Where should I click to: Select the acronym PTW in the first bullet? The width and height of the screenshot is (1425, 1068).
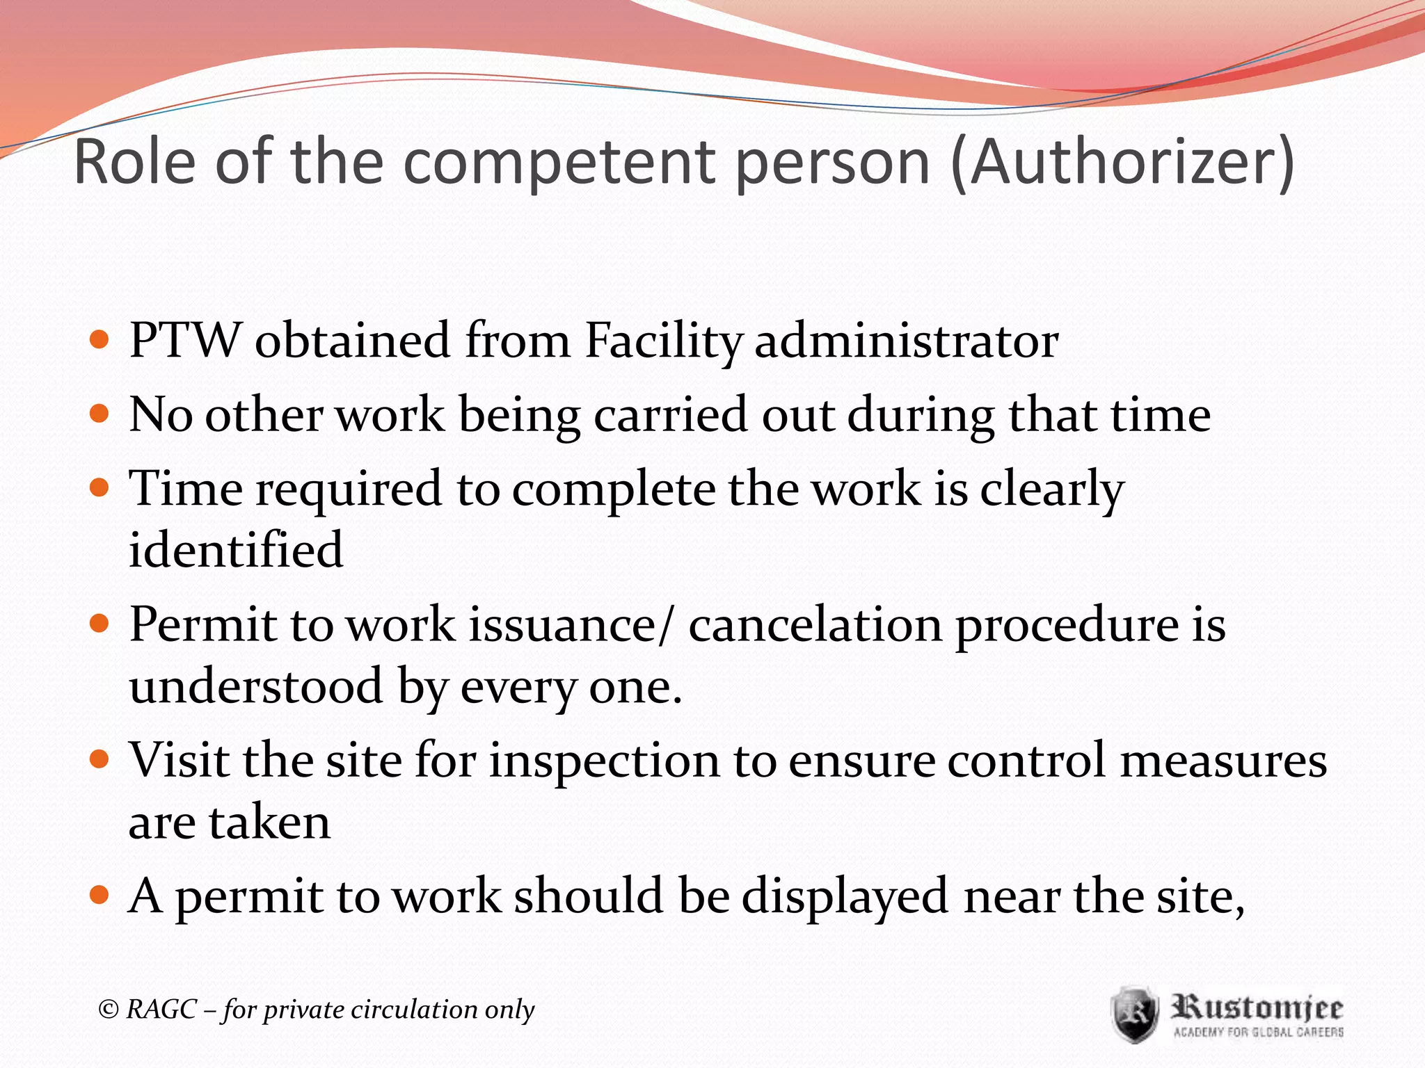pyautogui.click(x=184, y=340)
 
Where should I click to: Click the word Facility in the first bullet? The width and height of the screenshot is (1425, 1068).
pyautogui.click(x=664, y=341)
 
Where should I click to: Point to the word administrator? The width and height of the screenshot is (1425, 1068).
pyautogui.click(x=906, y=341)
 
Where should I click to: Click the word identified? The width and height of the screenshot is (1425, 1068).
pyautogui.click(x=236, y=549)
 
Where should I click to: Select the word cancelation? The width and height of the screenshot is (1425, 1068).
pyautogui.click(x=815, y=624)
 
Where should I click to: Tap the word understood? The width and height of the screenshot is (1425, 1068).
pyautogui.click(x=256, y=686)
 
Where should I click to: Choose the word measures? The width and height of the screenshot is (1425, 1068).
pyautogui.click(x=1223, y=759)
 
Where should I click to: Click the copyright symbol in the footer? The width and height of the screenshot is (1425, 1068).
pyautogui.click(x=109, y=1009)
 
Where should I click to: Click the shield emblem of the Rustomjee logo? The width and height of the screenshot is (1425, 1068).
pyautogui.click(x=1134, y=1014)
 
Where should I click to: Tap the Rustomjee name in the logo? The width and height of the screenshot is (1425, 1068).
pyautogui.click(x=1257, y=1007)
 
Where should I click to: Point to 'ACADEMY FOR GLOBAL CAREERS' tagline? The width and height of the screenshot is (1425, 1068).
pyautogui.click(x=1258, y=1032)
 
